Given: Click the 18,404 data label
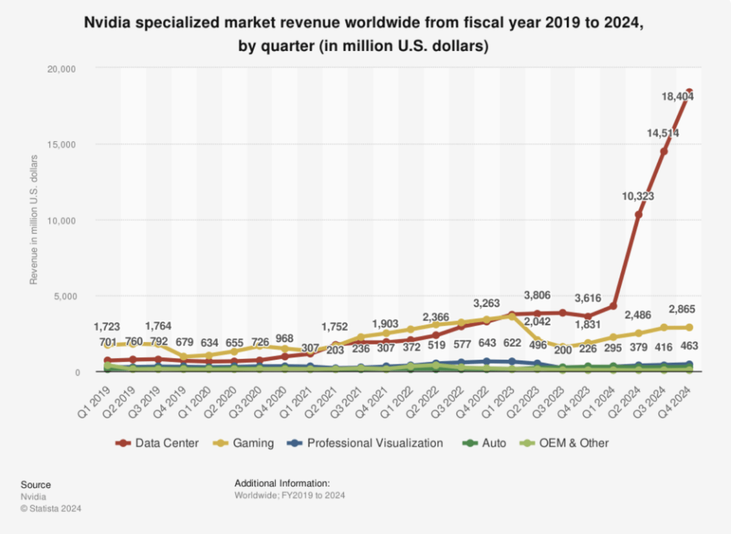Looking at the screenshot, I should tap(678, 97).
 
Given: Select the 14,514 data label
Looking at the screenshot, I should tap(663, 133).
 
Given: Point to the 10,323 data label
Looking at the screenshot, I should tap(638, 196).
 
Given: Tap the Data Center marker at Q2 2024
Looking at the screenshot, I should tap(638, 214).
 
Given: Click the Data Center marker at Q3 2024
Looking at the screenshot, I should tap(664, 151).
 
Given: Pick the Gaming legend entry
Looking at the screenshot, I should tap(253, 443).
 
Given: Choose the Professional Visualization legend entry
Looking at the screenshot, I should tap(375, 443).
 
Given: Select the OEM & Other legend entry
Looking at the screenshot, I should tap(574, 443).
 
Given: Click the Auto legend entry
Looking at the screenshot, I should tap(493, 443).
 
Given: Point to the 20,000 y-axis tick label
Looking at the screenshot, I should tap(61, 69).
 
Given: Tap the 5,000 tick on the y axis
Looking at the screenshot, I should tap(65, 296).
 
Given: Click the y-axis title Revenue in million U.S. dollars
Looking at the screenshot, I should tap(34, 220).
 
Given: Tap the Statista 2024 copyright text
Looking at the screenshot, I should tap(51, 508).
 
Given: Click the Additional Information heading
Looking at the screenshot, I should tap(282, 483).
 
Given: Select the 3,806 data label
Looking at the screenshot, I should tap(537, 295).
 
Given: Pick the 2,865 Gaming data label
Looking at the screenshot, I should tap(681, 309).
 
